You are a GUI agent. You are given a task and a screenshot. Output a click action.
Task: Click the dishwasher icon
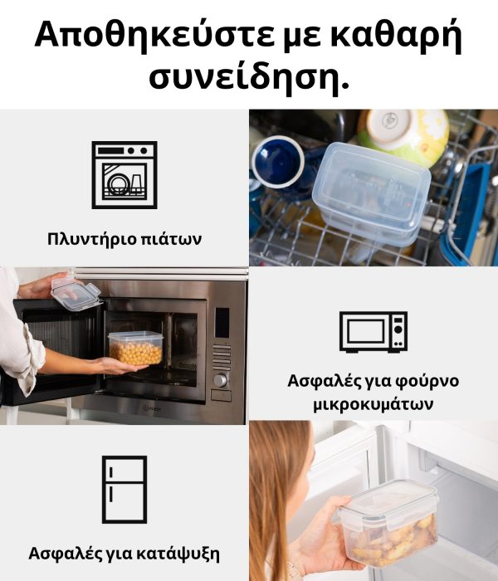[124, 175]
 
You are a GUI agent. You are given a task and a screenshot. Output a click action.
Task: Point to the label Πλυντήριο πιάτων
[124, 239]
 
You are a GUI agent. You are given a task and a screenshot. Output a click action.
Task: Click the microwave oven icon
[373, 331]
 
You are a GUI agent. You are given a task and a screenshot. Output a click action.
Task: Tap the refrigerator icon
[124, 489]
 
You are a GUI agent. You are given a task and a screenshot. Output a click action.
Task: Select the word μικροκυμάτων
[373, 404]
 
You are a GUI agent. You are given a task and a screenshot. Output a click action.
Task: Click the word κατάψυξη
[178, 554]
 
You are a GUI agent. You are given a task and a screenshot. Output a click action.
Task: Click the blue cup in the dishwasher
[278, 163]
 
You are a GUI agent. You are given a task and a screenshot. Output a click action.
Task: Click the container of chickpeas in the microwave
[135, 348]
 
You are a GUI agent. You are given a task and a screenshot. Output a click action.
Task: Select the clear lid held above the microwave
[76, 294]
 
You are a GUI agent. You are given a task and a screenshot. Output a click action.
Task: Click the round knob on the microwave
[220, 380]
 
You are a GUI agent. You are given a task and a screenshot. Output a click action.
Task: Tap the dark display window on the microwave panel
[222, 323]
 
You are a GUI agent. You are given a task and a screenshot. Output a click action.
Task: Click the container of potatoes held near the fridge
[388, 524]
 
